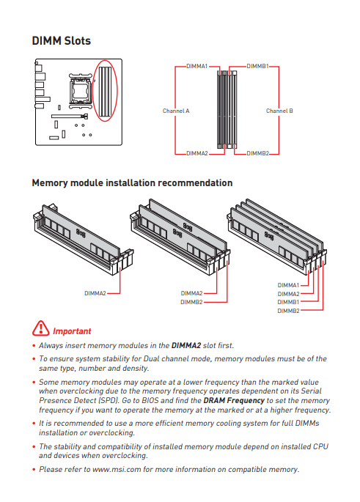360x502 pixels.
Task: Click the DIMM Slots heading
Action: [x=61, y=40]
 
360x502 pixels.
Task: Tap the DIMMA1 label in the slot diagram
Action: [x=197, y=66]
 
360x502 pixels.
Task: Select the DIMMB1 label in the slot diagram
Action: [x=257, y=66]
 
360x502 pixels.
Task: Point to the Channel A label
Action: [x=176, y=111]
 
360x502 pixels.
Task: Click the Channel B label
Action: [x=279, y=111]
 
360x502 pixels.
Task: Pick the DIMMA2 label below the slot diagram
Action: [x=197, y=153]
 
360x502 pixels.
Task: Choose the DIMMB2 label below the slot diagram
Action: [x=257, y=153]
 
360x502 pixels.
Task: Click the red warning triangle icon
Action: [x=40, y=328]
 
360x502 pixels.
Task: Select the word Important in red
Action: [x=72, y=331]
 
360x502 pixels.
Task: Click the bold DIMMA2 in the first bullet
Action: [x=186, y=345]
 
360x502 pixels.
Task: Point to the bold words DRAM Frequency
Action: [x=234, y=401]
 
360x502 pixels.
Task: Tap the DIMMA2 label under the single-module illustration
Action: [x=95, y=293]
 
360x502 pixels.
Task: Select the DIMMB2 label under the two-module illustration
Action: [x=191, y=302]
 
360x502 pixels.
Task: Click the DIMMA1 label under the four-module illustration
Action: [x=288, y=285]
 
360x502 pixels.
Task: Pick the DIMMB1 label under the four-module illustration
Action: [x=288, y=302]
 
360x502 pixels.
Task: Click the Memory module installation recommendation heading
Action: [x=132, y=182]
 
